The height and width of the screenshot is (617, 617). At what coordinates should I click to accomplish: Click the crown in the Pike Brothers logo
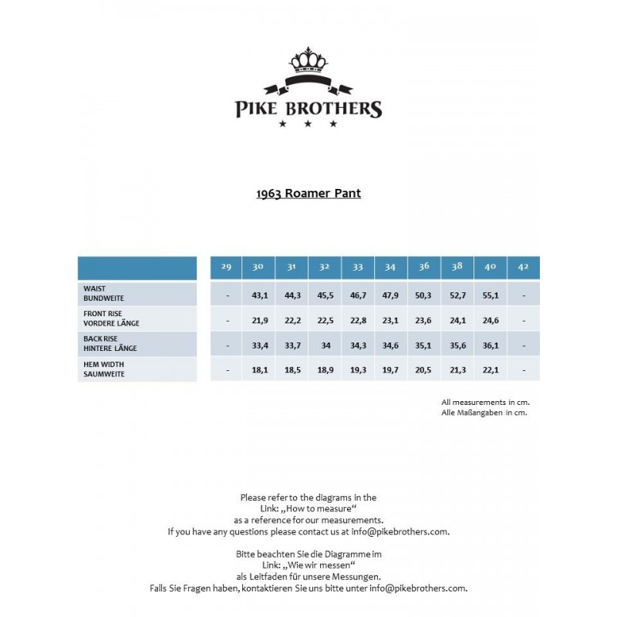pyautogui.click(x=308, y=59)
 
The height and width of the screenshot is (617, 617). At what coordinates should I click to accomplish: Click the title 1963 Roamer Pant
pyautogui.click(x=308, y=194)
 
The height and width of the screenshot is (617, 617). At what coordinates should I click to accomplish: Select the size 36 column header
pyautogui.click(x=424, y=267)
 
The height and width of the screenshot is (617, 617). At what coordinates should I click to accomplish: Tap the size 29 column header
pyautogui.click(x=226, y=267)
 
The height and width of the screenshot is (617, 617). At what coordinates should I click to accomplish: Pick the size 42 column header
pyautogui.click(x=524, y=267)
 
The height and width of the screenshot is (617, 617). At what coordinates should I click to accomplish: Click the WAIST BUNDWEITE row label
pyautogui.click(x=103, y=293)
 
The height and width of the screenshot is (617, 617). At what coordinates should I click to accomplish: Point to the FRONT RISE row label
pyautogui.click(x=111, y=319)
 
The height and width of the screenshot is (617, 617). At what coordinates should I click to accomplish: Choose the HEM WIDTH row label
pyautogui.click(x=103, y=369)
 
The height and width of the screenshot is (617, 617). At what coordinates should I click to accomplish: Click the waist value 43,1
pyautogui.click(x=259, y=295)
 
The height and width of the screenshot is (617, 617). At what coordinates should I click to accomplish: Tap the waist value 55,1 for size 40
pyautogui.click(x=491, y=295)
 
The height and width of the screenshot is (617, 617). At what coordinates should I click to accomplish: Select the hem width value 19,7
pyautogui.click(x=391, y=370)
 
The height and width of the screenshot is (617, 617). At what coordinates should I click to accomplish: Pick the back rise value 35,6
pyautogui.click(x=457, y=345)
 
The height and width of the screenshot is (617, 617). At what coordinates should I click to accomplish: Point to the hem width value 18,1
pyautogui.click(x=259, y=370)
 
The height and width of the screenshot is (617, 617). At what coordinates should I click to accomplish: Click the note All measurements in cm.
pyautogui.click(x=485, y=402)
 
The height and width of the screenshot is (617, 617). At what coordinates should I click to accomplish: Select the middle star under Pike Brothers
pyautogui.click(x=308, y=123)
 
